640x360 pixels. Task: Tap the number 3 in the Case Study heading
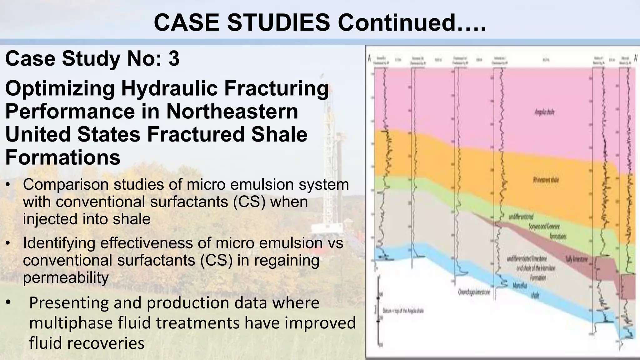[x=174, y=58]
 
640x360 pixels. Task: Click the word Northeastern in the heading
[x=232, y=112]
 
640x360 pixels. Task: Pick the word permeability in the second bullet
[x=66, y=277]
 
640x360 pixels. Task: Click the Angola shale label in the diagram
[x=544, y=112]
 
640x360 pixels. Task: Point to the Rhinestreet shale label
[x=546, y=180]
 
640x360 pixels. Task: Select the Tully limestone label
[x=577, y=259]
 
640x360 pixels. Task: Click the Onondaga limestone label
[x=474, y=293]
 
